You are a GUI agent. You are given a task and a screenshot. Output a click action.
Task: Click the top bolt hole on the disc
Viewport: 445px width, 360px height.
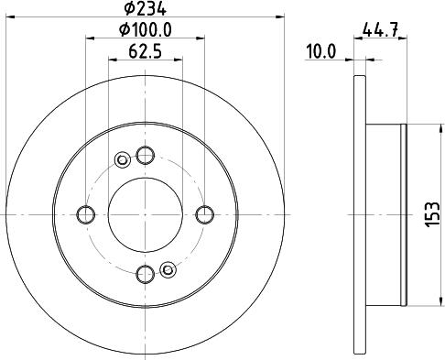point(144,156)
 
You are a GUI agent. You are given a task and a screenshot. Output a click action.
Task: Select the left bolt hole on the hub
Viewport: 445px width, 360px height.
point(86,214)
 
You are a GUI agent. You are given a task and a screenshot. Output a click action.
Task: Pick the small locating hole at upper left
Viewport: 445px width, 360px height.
point(122,162)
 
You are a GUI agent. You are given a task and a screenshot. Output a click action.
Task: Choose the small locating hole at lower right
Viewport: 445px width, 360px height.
point(167,268)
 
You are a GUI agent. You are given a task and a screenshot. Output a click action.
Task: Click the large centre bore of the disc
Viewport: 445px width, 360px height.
point(144,214)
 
